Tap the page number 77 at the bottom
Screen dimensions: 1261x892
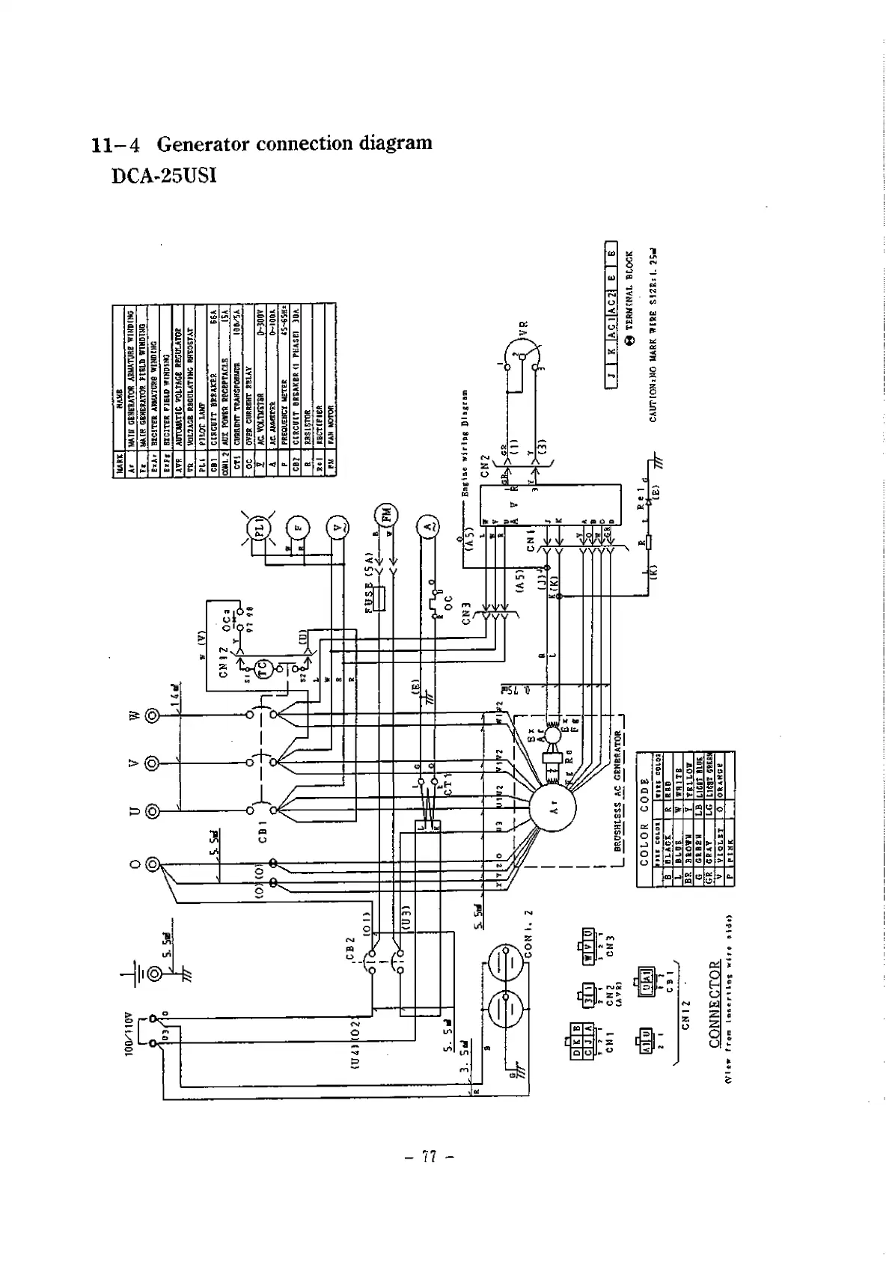[x=429, y=1158]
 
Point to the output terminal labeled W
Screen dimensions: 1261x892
[x=153, y=716]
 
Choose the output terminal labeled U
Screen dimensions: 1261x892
[x=153, y=810]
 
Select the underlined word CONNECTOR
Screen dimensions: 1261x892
[x=714, y=1003]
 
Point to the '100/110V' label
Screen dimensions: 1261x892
[x=129, y=1033]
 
